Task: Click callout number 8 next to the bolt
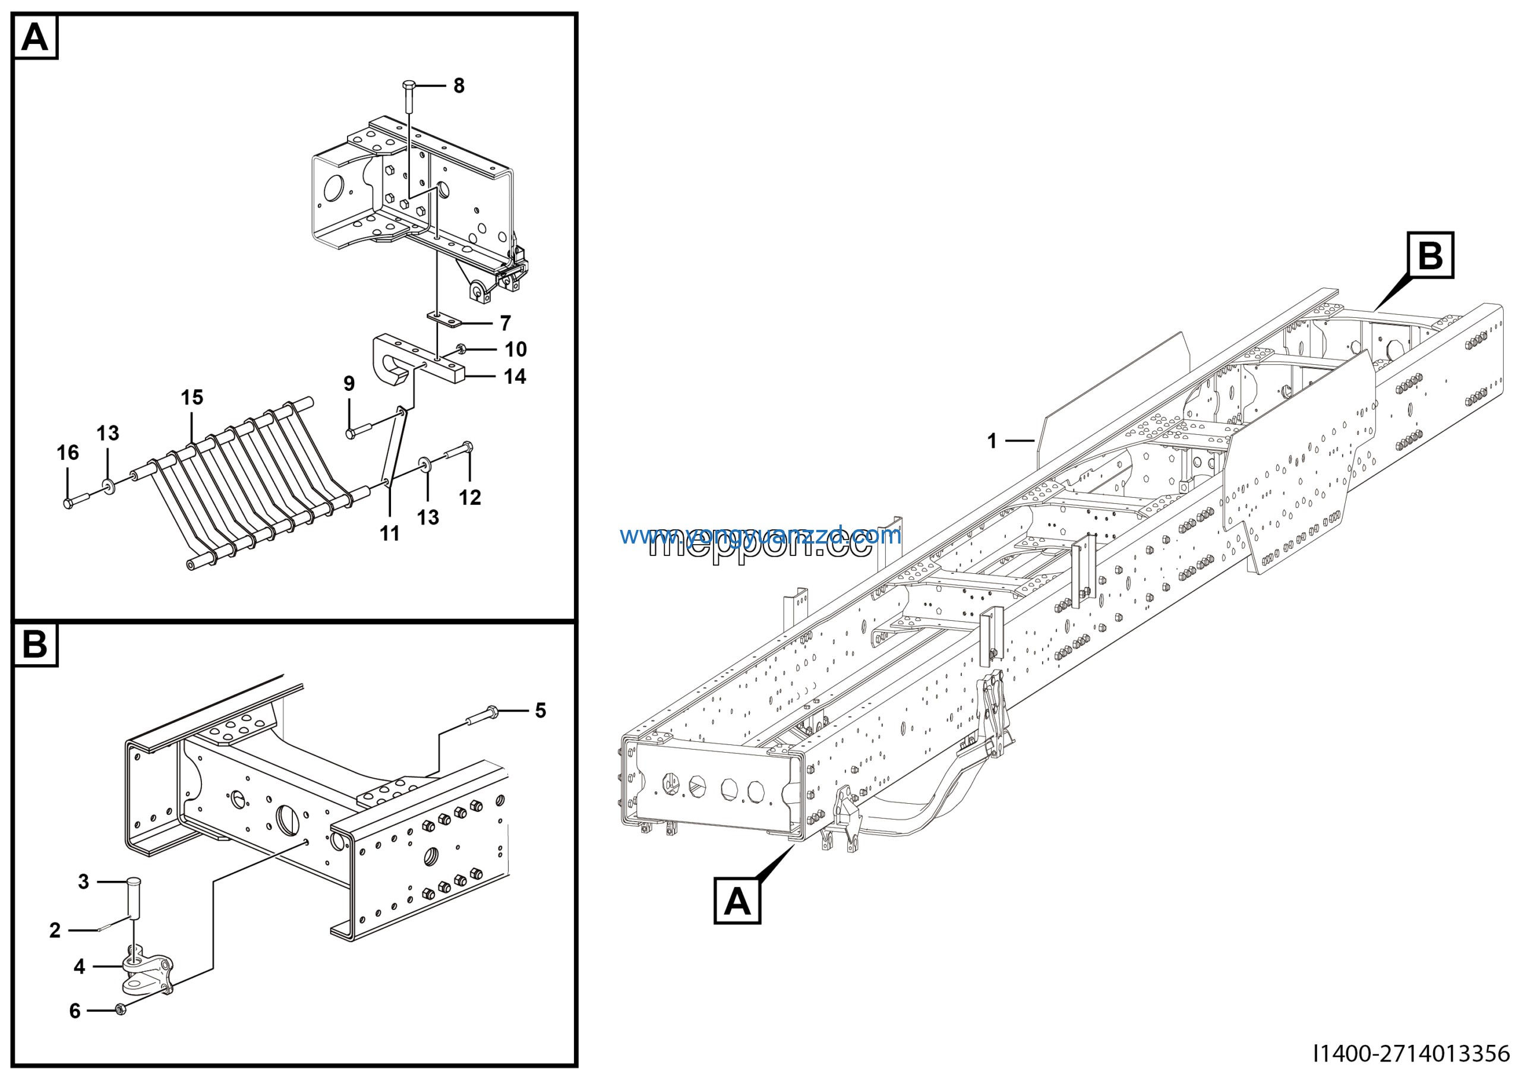(x=459, y=86)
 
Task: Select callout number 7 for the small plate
(x=506, y=323)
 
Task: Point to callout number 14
(x=515, y=377)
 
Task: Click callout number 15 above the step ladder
(x=192, y=397)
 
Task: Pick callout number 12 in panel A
(x=470, y=497)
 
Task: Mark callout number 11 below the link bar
(x=390, y=533)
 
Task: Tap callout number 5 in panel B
(x=541, y=710)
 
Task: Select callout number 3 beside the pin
(x=83, y=882)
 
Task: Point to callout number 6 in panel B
(x=75, y=1010)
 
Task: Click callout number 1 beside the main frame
(x=992, y=440)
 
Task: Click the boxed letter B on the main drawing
(x=1430, y=255)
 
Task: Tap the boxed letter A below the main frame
(x=737, y=901)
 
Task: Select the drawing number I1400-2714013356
(x=1411, y=1053)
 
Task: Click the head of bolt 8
(x=409, y=86)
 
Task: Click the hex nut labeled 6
(x=121, y=1010)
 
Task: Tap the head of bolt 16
(x=68, y=504)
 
